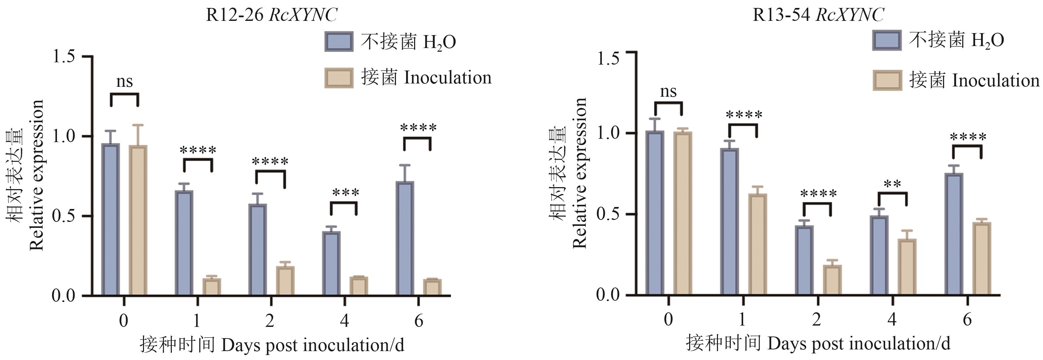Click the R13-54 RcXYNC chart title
coord(818,15)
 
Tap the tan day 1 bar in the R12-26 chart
coord(212,287)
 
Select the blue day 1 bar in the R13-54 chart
coord(730,222)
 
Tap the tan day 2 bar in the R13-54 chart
coord(832,280)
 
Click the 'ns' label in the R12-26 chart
coord(124,82)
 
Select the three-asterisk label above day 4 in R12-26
coord(345,193)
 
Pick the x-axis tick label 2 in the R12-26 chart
coord(270,321)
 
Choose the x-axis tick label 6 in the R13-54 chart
coord(967,320)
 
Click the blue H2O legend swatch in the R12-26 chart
coord(339,42)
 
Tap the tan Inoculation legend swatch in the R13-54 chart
coord(887,80)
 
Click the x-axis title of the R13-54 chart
coord(818,344)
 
